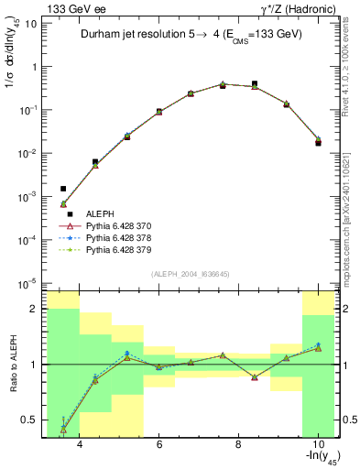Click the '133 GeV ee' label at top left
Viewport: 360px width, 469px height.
pos(70,8)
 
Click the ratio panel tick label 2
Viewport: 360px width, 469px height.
pos(34,309)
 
